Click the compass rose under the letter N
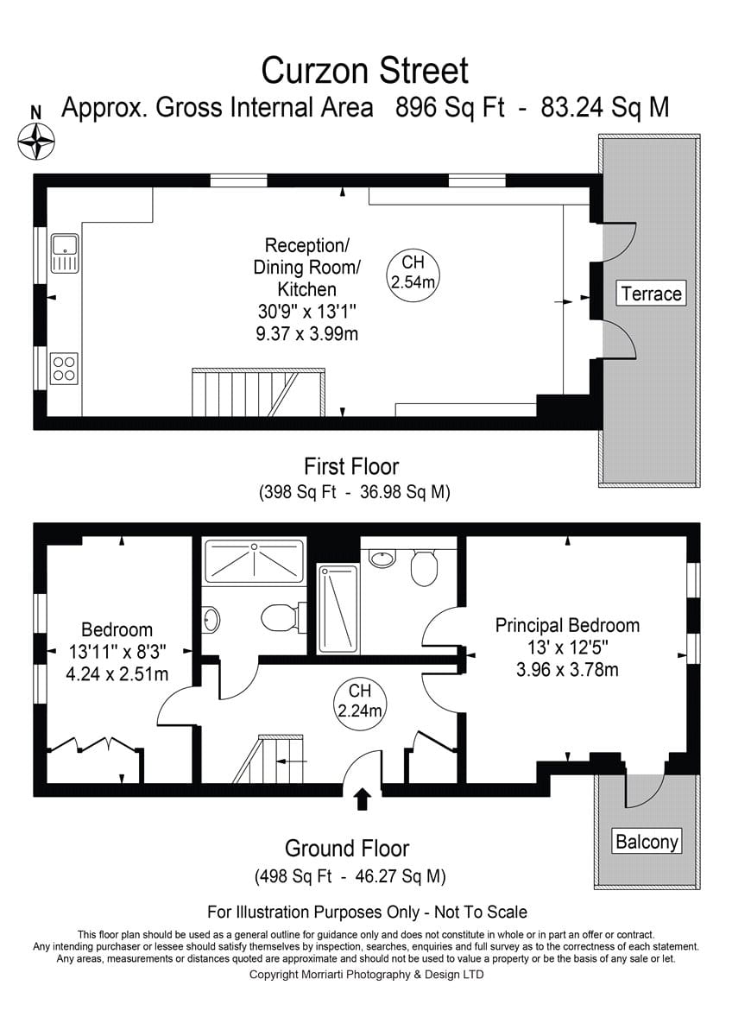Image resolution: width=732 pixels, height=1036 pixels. point(35,141)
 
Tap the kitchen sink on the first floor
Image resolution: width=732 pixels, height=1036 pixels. point(65,254)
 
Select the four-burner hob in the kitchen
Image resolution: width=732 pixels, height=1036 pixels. point(64,369)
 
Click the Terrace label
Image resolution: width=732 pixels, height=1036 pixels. point(651,294)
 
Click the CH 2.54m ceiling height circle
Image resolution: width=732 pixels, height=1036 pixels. point(413,276)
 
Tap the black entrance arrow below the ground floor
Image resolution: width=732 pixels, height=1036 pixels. point(362,799)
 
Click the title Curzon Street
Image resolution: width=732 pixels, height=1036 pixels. point(365,70)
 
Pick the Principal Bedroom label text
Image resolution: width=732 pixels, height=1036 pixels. point(567,625)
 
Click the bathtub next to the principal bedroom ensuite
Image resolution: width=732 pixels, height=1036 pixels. point(338,610)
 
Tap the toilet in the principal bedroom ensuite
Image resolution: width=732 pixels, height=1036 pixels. point(424,567)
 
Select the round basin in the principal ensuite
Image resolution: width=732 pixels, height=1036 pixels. point(382,559)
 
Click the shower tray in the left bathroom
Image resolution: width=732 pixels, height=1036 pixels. point(254,561)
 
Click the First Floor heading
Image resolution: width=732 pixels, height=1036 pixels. point(351,466)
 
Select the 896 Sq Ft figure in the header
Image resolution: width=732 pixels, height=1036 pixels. point(450,108)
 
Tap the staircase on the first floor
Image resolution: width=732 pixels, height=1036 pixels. point(258,393)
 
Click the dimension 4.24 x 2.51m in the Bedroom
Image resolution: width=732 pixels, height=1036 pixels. point(117,674)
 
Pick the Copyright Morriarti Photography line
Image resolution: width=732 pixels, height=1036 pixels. point(366,975)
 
